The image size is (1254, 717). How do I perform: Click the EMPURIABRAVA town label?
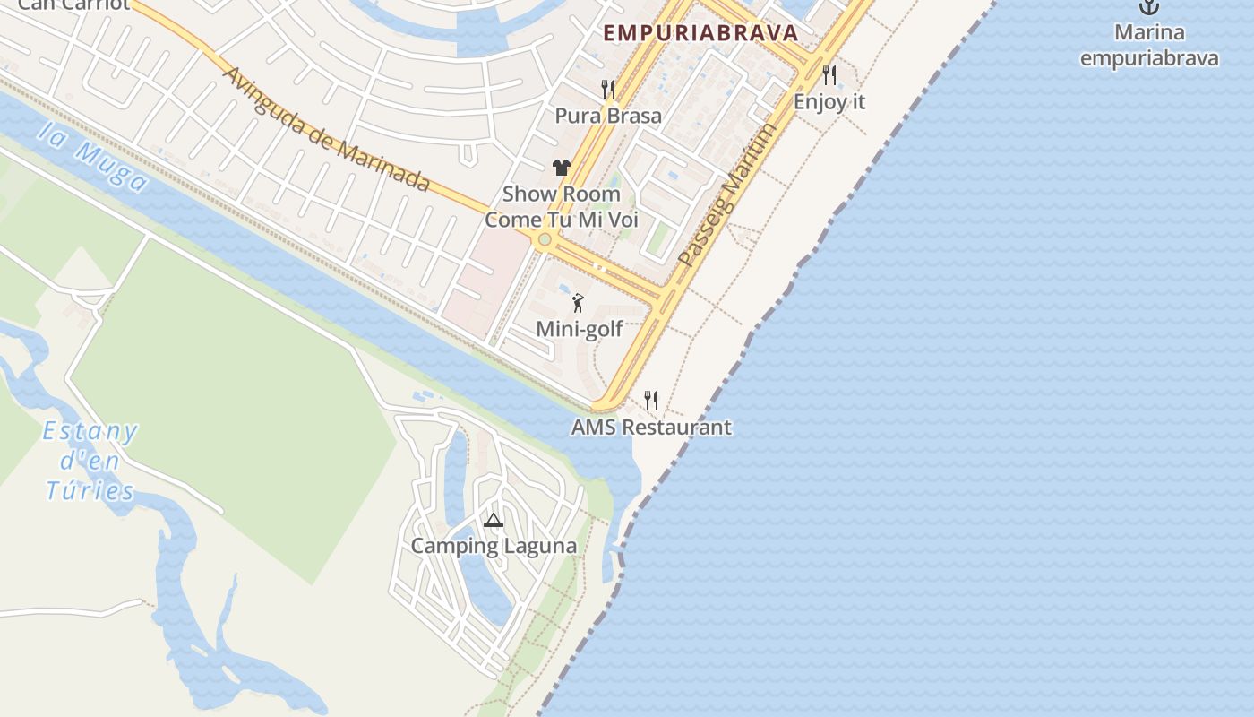[x=700, y=33]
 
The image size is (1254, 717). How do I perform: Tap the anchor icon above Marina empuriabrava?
[x=1148, y=7]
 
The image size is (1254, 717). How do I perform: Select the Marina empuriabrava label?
[x=1149, y=46]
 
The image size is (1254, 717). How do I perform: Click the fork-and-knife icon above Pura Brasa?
[x=608, y=89]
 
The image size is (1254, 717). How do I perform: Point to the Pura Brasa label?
[x=608, y=116]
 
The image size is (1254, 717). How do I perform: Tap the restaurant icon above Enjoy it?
[x=829, y=75]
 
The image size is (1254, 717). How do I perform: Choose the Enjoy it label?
[x=829, y=101]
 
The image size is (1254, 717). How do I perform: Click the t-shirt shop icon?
[x=562, y=167]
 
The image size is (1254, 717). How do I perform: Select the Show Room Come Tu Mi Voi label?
[x=562, y=207]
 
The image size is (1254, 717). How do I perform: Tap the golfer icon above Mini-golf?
[x=579, y=303]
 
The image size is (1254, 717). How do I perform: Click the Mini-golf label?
[x=579, y=329]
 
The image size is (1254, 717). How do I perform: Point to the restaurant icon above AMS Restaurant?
[x=651, y=401]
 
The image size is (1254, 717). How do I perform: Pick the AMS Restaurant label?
[x=651, y=428]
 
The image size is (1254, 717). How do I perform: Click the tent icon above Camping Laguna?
[x=494, y=520]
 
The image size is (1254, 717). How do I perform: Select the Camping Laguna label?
[x=494, y=546]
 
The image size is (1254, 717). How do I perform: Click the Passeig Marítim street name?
[x=726, y=195]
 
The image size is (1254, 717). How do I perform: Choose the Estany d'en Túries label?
[x=90, y=461]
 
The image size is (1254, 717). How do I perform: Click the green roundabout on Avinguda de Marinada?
[x=544, y=239]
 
